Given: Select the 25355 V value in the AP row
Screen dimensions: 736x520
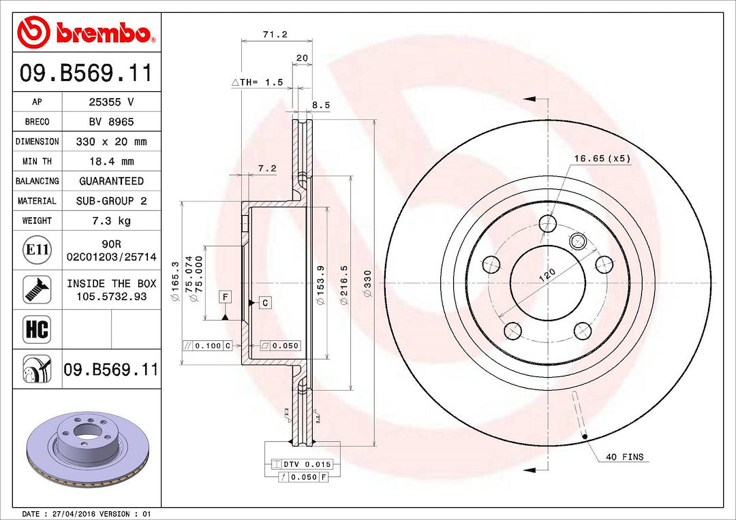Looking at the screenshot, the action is pyautogui.click(x=111, y=101).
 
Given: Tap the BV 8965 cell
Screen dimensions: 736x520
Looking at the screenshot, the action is pyautogui.click(x=111, y=122).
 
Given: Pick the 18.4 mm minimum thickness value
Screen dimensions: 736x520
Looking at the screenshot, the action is pyautogui.click(x=111, y=161).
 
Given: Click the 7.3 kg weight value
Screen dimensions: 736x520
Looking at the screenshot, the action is pyautogui.click(x=111, y=221).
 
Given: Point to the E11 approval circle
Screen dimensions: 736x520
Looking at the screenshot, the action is pyautogui.click(x=37, y=249).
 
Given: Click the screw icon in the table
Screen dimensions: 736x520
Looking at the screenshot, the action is pyautogui.click(x=37, y=289).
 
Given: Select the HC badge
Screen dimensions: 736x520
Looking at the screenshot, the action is pyautogui.click(x=37, y=329).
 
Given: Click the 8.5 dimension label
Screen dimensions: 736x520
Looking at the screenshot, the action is pyautogui.click(x=321, y=105).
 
